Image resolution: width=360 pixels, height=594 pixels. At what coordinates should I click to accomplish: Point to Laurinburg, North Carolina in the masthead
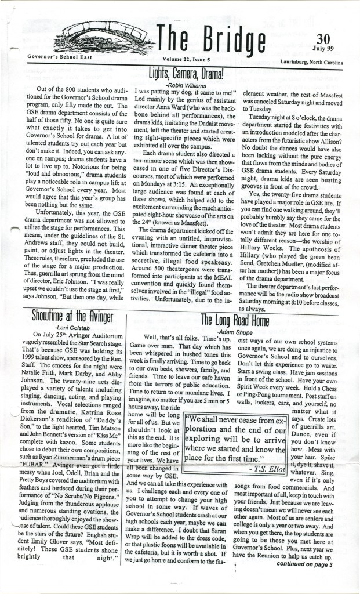(312, 60)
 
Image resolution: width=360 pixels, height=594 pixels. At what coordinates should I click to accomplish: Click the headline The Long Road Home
(234, 320)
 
